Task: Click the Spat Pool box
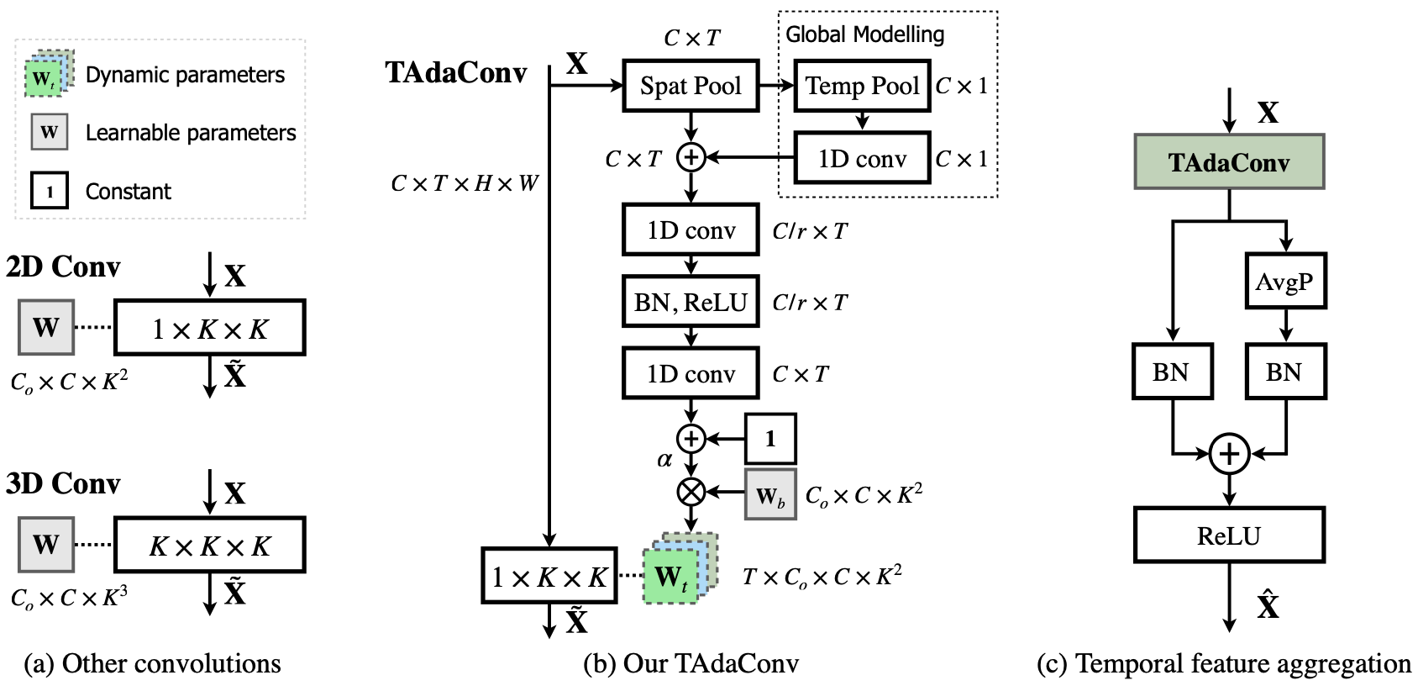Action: (x=691, y=85)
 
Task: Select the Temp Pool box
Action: (x=862, y=85)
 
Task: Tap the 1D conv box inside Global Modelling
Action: (x=862, y=158)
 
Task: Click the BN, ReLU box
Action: (x=691, y=302)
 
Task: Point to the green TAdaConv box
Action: (x=1228, y=161)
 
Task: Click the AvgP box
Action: (x=1284, y=282)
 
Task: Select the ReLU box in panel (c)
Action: (x=1228, y=535)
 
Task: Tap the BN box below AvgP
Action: (x=1284, y=372)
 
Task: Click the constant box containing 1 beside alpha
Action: (x=769, y=438)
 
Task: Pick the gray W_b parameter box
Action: (x=769, y=495)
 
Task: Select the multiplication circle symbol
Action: (x=691, y=492)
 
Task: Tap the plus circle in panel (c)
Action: (x=1228, y=455)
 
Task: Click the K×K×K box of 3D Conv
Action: (x=209, y=546)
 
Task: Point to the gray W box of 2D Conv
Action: (x=46, y=326)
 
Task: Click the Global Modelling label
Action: (x=864, y=34)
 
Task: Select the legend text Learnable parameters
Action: (x=191, y=133)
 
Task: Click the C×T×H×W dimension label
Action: (x=465, y=183)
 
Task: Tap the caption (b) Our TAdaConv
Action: (x=691, y=664)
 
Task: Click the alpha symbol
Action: (x=664, y=459)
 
